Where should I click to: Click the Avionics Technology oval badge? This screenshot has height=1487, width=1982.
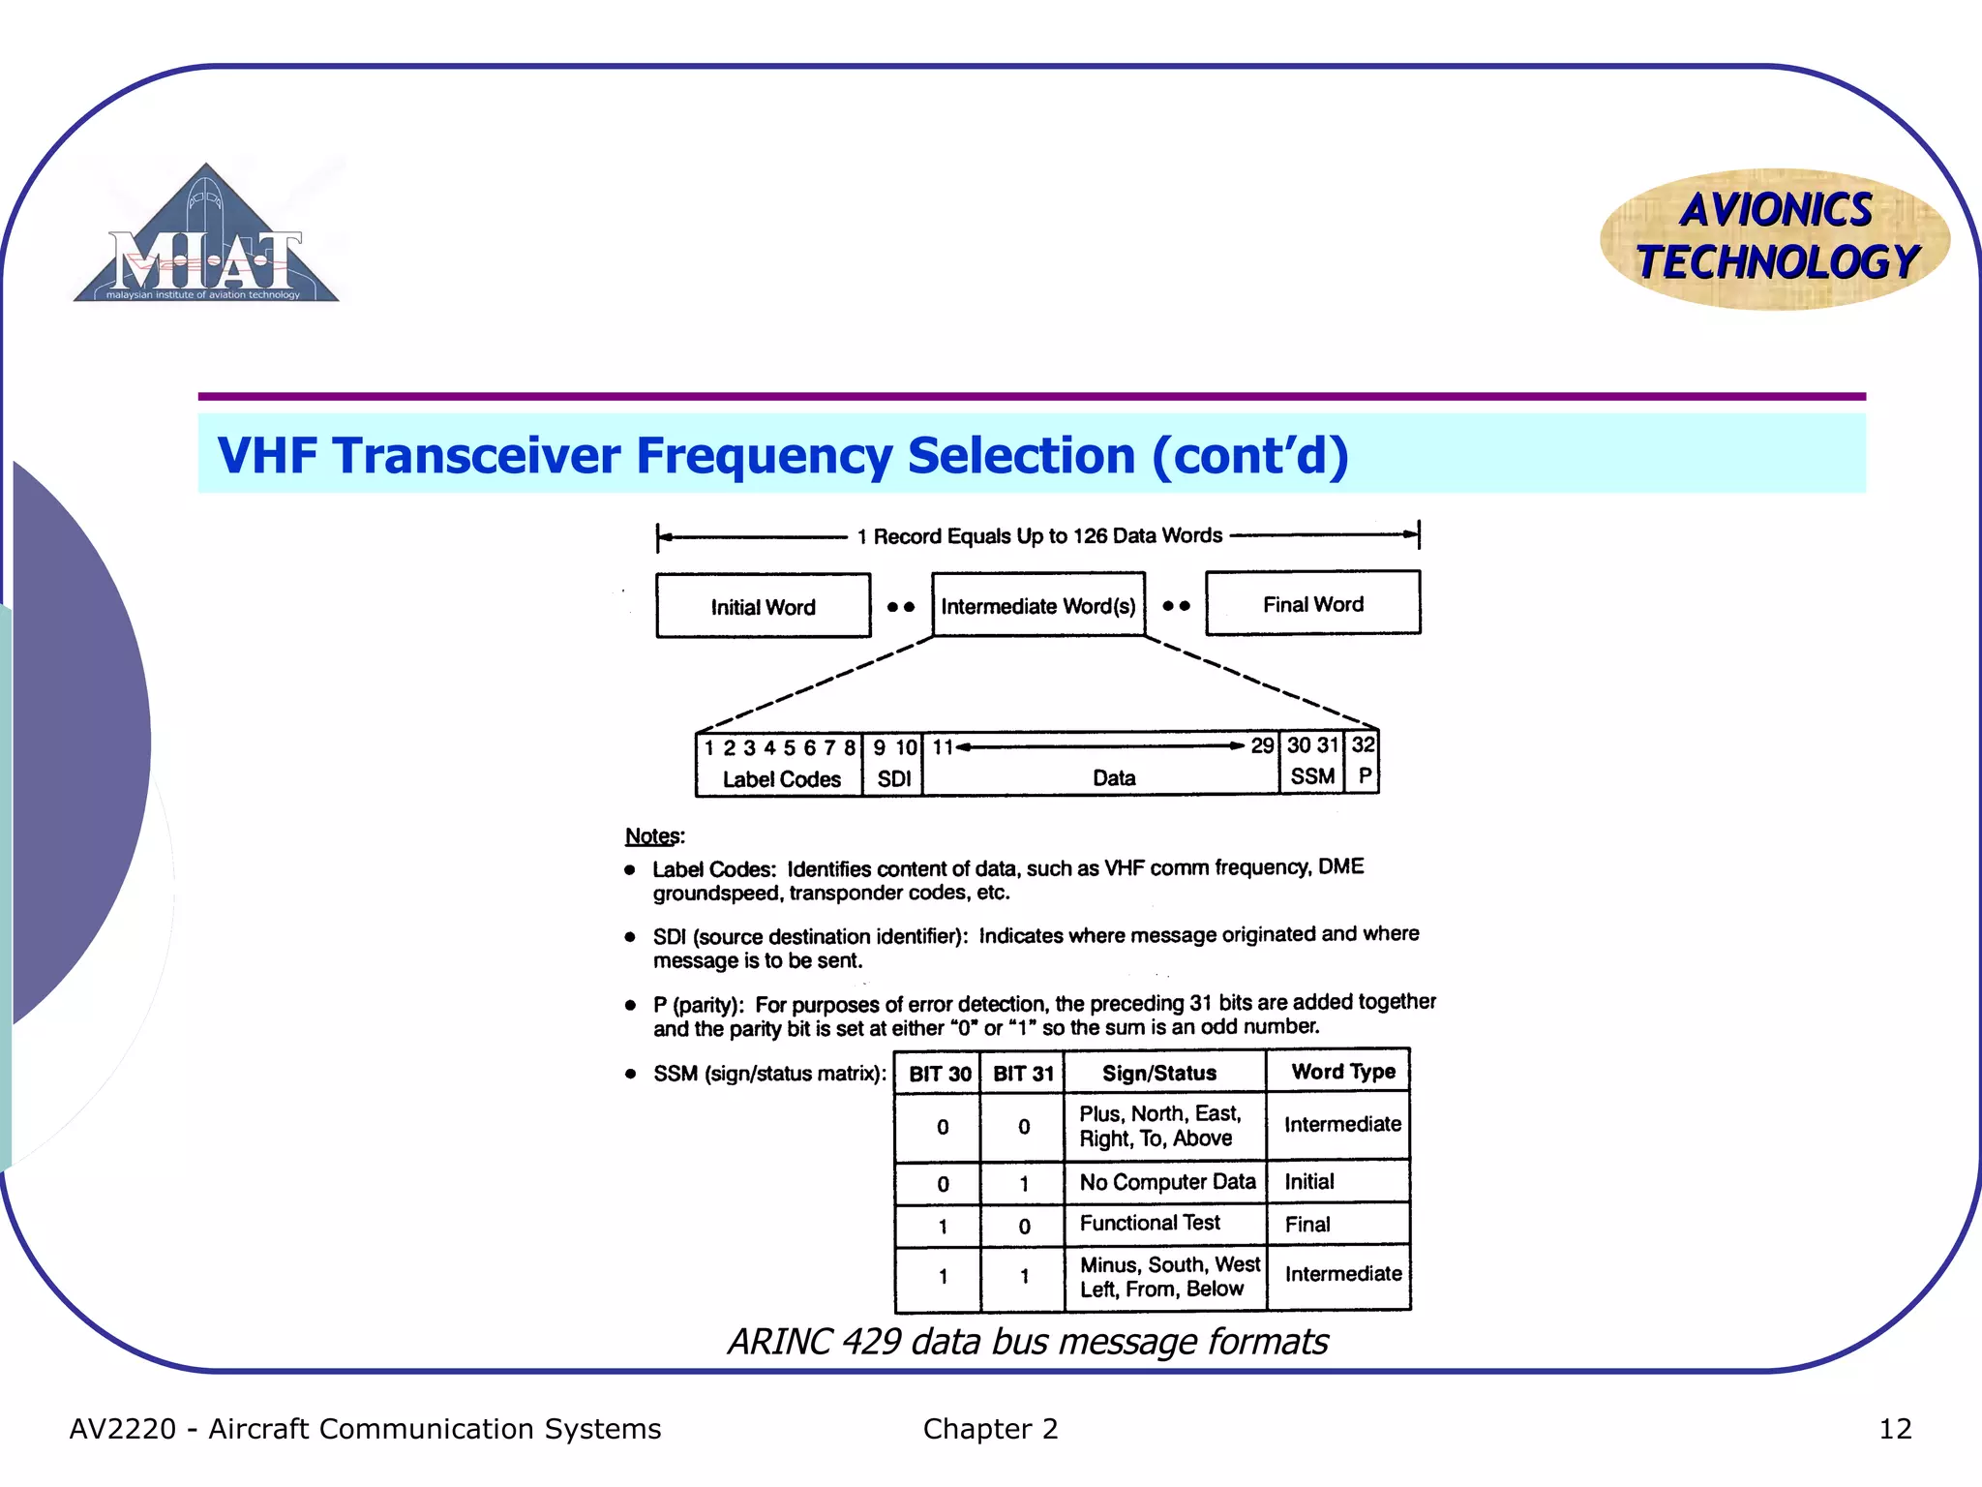tap(1775, 238)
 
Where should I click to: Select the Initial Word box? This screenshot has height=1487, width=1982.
tap(763, 606)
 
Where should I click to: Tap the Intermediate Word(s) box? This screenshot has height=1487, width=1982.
tap(1038, 606)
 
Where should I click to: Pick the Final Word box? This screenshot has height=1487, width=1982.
tap(1312, 603)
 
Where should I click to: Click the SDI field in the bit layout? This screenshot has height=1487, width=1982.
tap(893, 765)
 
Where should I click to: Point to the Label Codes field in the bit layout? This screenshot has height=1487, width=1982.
tap(780, 765)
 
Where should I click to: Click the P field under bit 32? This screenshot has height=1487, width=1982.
tap(1364, 762)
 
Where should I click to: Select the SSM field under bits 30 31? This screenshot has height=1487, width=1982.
tap(1312, 762)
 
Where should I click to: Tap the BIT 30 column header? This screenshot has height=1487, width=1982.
tap(939, 1074)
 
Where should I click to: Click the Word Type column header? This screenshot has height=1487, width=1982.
tap(1342, 1072)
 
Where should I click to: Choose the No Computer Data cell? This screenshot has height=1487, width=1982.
tap(1166, 1182)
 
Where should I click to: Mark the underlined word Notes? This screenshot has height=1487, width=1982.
tap(653, 835)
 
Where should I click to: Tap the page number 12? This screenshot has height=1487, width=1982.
tap(1894, 1429)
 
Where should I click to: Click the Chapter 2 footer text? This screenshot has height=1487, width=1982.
tap(990, 1429)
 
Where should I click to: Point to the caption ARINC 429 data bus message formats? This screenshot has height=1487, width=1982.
tap(1027, 1342)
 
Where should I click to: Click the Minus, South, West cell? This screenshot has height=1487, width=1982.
tap(1168, 1277)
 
